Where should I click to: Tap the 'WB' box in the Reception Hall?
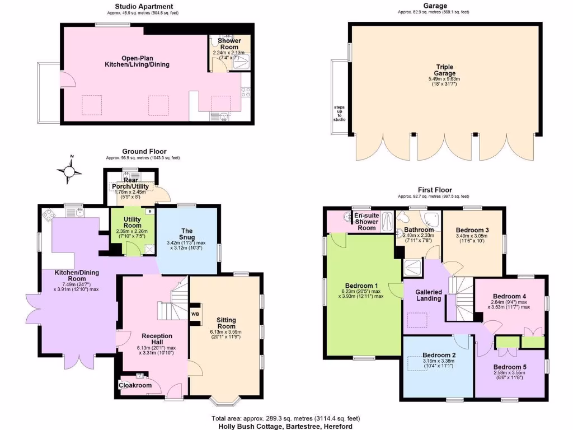pos(195,314)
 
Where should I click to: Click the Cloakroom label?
pos(134,385)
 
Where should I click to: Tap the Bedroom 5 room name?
pos(510,367)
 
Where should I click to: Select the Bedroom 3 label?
pos(472,230)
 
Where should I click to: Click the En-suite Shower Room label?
pos(367,221)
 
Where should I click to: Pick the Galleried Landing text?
pos(429,295)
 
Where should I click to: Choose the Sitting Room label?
pos(226,324)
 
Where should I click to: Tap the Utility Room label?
pos(132,226)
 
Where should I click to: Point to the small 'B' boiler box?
pos(149,212)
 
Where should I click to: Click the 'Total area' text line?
pos(285,418)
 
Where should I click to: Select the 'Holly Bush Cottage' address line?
pos(285,426)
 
